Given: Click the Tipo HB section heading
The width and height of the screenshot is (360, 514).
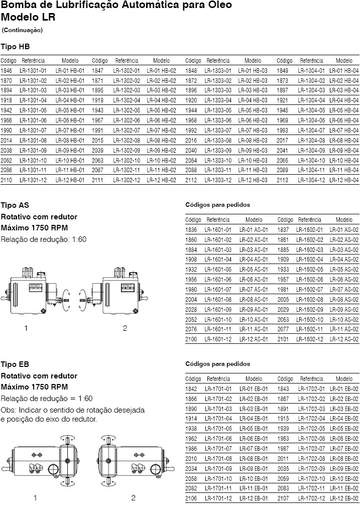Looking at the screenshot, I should click(x=15, y=46).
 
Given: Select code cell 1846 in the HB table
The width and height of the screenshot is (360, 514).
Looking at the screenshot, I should click(x=7, y=71).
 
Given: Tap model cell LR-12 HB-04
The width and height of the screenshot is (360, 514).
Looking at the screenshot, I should click(x=344, y=180).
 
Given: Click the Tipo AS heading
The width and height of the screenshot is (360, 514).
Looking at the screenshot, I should click(x=15, y=206).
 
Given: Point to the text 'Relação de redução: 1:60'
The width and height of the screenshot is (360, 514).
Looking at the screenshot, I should click(x=44, y=239).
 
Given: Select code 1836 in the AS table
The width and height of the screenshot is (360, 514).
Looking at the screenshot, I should click(x=191, y=230).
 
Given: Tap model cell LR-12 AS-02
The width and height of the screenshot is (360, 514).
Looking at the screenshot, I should click(x=344, y=339).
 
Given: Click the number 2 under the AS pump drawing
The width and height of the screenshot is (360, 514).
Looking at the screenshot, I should click(x=125, y=328).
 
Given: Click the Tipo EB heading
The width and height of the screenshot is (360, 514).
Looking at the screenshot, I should click(x=15, y=364).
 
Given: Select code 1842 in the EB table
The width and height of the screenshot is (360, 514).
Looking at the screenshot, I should click(x=191, y=389).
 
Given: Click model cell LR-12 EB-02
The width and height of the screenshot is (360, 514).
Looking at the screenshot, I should click(x=344, y=497).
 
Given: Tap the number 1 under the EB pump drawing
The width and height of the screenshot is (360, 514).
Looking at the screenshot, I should click(x=35, y=498).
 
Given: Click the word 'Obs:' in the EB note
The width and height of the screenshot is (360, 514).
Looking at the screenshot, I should click(x=9, y=410).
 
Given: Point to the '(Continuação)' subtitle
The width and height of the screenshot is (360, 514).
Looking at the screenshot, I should click(x=22, y=30).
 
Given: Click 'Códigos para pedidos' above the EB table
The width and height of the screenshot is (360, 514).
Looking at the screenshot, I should click(x=217, y=364).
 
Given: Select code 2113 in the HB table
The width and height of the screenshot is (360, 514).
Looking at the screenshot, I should click(x=283, y=180).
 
